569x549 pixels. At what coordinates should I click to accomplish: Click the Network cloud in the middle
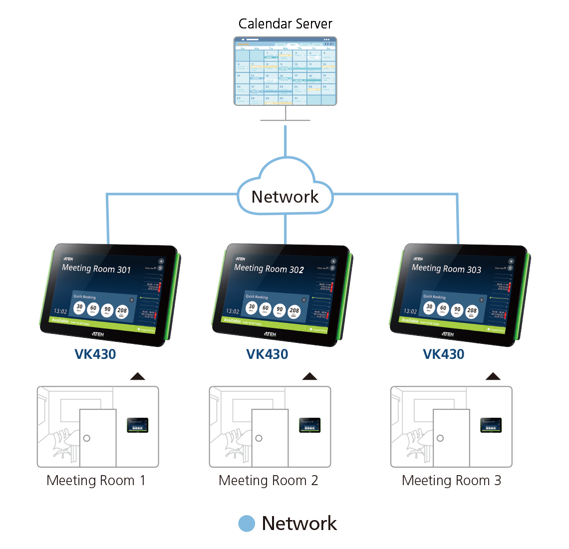click(x=285, y=196)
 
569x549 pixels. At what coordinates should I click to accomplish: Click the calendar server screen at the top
click(x=285, y=71)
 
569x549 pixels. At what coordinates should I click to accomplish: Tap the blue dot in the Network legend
click(x=247, y=524)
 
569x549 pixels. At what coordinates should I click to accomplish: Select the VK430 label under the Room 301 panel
click(x=95, y=354)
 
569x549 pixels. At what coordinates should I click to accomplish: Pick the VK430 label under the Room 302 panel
click(x=267, y=354)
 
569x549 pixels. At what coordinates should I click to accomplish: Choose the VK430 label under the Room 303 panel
click(x=444, y=354)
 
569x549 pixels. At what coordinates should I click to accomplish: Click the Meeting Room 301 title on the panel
click(x=96, y=269)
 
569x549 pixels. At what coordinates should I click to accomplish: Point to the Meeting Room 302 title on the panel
click(x=269, y=269)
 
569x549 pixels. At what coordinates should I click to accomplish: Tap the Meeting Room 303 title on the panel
click(x=446, y=269)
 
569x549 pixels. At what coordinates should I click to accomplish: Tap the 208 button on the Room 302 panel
click(x=294, y=312)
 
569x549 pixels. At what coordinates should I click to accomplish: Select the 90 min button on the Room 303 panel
click(x=457, y=310)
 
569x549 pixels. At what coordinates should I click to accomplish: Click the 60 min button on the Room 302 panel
click(x=266, y=309)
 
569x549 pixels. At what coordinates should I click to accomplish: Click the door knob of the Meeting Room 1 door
click(x=87, y=438)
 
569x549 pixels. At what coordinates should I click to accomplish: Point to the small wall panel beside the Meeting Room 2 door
click(x=309, y=425)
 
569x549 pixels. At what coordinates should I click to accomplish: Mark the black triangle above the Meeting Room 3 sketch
click(x=493, y=376)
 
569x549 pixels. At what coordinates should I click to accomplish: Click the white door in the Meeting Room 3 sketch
click(x=451, y=438)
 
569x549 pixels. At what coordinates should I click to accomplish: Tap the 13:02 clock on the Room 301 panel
click(x=60, y=311)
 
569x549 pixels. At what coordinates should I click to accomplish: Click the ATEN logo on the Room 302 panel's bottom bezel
click(x=270, y=334)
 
